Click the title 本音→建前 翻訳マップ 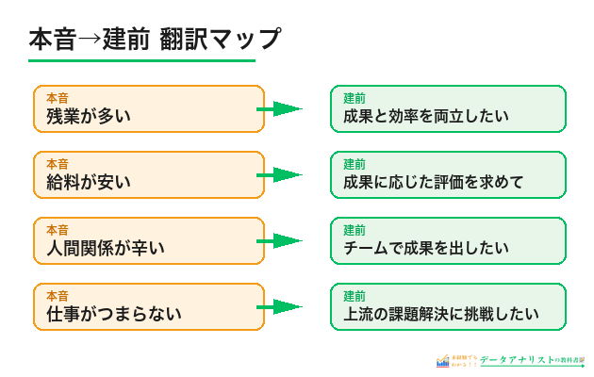pyautogui.click(x=155, y=40)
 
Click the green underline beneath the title pyautogui.click(x=141, y=61)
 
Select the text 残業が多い pyautogui.click(x=88, y=117)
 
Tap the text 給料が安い pyautogui.click(x=88, y=183)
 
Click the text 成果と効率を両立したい pyautogui.click(x=425, y=117)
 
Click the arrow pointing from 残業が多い pyautogui.click(x=280, y=108)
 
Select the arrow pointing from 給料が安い pyautogui.click(x=280, y=174)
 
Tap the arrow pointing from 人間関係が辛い pyautogui.click(x=280, y=240)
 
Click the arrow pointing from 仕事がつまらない pyautogui.click(x=280, y=306)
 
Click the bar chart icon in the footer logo pyautogui.click(x=442, y=361)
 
